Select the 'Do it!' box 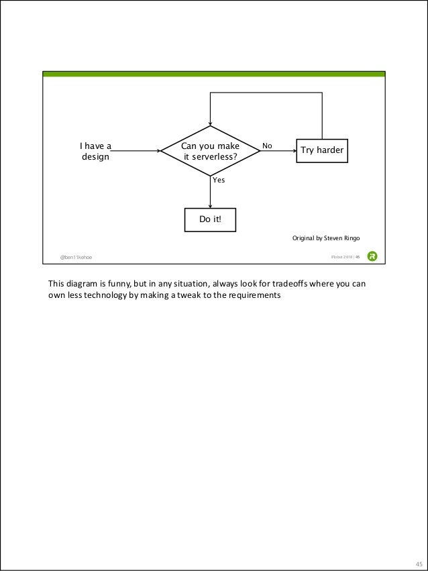[210, 219]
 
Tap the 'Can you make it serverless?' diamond [211, 152]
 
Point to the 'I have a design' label [96, 152]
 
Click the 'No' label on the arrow [267, 146]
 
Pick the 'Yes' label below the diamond [219, 180]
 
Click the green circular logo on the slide [372, 256]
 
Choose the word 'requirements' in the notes [250, 295]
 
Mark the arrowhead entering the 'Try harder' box [294, 151]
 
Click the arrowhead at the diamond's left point [158, 151]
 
